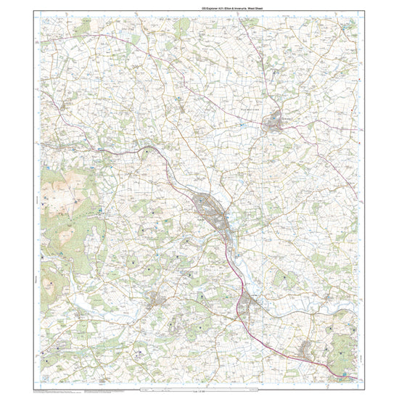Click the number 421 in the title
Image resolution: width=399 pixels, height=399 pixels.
click(x=191, y=7)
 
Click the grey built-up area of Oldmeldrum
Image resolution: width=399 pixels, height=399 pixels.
click(x=278, y=123)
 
